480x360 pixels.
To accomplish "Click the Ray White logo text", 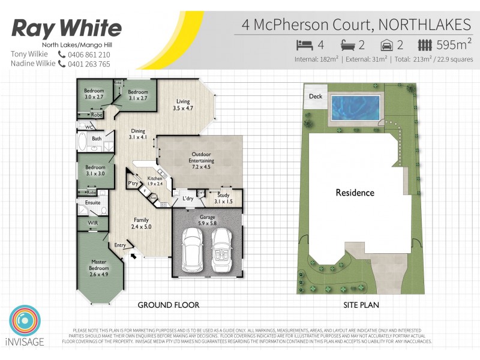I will [x=67, y=28].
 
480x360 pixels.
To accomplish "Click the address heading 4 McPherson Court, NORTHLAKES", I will [x=356, y=25].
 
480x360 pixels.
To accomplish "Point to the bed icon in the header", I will [x=305, y=45].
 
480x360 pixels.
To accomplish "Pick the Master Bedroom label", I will [x=98, y=265].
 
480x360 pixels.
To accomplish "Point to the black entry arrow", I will [x=134, y=256].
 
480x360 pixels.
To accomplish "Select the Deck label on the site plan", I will [x=316, y=97].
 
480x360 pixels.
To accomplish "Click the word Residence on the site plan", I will [x=355, y=193].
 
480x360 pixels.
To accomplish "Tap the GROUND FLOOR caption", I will [x=169, y=305].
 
